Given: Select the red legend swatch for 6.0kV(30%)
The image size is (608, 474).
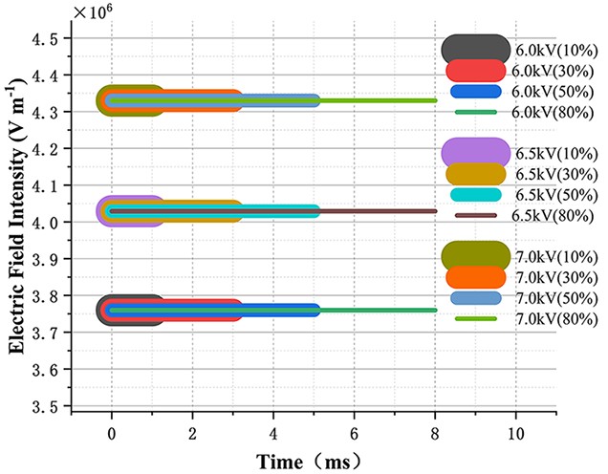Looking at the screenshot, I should [x=475, y=71].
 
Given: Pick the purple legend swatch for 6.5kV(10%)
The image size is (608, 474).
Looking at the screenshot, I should [x=475, y=153].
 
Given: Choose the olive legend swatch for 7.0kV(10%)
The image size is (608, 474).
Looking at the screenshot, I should [x=475, y=255].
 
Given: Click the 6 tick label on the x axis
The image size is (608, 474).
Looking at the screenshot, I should [x=355, y=430].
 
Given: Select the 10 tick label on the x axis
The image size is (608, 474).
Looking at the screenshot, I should [x=516, y=430].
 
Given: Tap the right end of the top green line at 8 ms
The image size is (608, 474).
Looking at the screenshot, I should [x=435, y=100].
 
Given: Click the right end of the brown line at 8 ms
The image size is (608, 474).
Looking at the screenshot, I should [x=435, y=211].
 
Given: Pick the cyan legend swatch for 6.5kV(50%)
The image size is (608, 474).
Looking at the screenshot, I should [x=475, y=194].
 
